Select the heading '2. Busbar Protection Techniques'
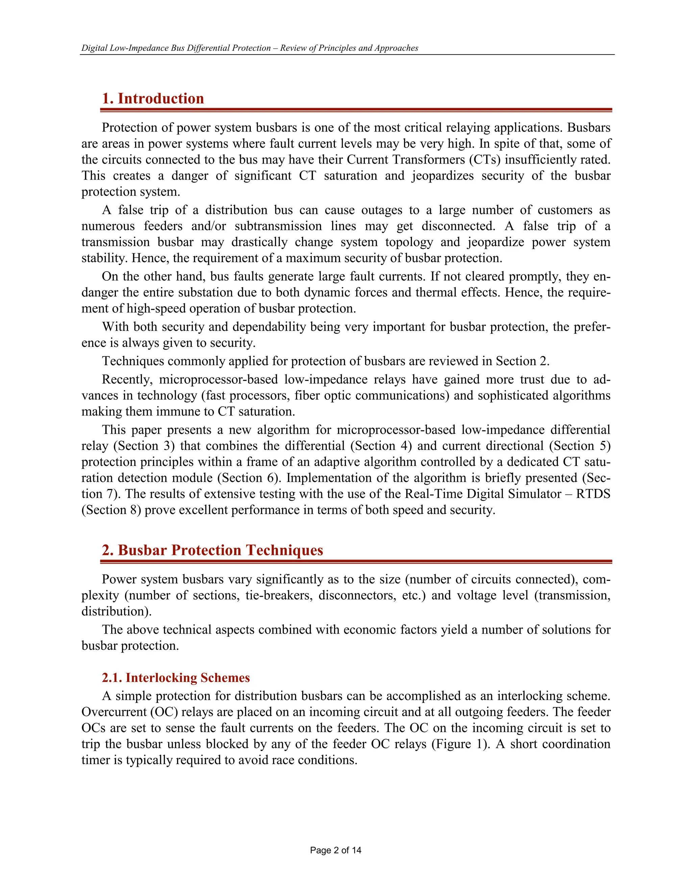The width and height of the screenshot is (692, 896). pyautogui.click(x=212, y=550)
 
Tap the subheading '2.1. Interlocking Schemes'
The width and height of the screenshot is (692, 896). pyautogui.click(x=175, y=678)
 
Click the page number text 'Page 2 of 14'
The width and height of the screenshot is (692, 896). pyautogui.click(x=335, y=850)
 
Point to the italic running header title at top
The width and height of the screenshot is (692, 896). pyautogui.click(x=250, y=48)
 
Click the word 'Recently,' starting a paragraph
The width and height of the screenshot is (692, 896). pyautogui.click(x=127, y=379)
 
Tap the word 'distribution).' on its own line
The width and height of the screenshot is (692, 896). pyautogui.click(x=117, y=611)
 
